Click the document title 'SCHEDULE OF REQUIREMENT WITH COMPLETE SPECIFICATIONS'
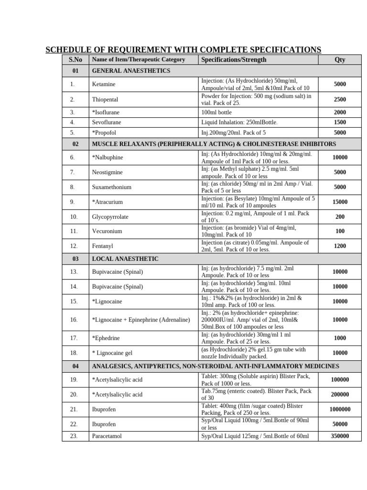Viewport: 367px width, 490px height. [x=183, y=50]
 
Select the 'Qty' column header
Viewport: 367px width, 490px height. [x=340, y=60]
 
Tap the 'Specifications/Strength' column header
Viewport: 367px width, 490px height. [x=234, y=60]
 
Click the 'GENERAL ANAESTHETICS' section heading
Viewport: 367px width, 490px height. [x=131, y=71]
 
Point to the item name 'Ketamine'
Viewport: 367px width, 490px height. [x=104, y=84]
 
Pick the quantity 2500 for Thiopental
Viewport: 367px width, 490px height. [x=340, y=100]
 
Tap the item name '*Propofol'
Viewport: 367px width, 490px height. [x=104, y=133]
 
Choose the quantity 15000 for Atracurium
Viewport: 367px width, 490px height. [x=340, y=202]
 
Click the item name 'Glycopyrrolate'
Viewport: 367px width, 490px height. [x=110, y=217]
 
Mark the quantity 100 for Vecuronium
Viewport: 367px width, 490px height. [x=340, y=232]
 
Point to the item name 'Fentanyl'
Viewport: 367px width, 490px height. [x=103, y=246]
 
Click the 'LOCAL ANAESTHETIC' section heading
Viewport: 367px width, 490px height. [x=125, y=259]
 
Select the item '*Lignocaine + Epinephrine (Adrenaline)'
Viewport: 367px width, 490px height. [x=141, y=320]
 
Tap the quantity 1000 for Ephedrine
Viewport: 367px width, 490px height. [x=340, y=338]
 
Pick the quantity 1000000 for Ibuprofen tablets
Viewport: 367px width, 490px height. [x=340, y=409]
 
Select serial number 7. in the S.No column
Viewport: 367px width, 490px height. [x=72, y=172]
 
